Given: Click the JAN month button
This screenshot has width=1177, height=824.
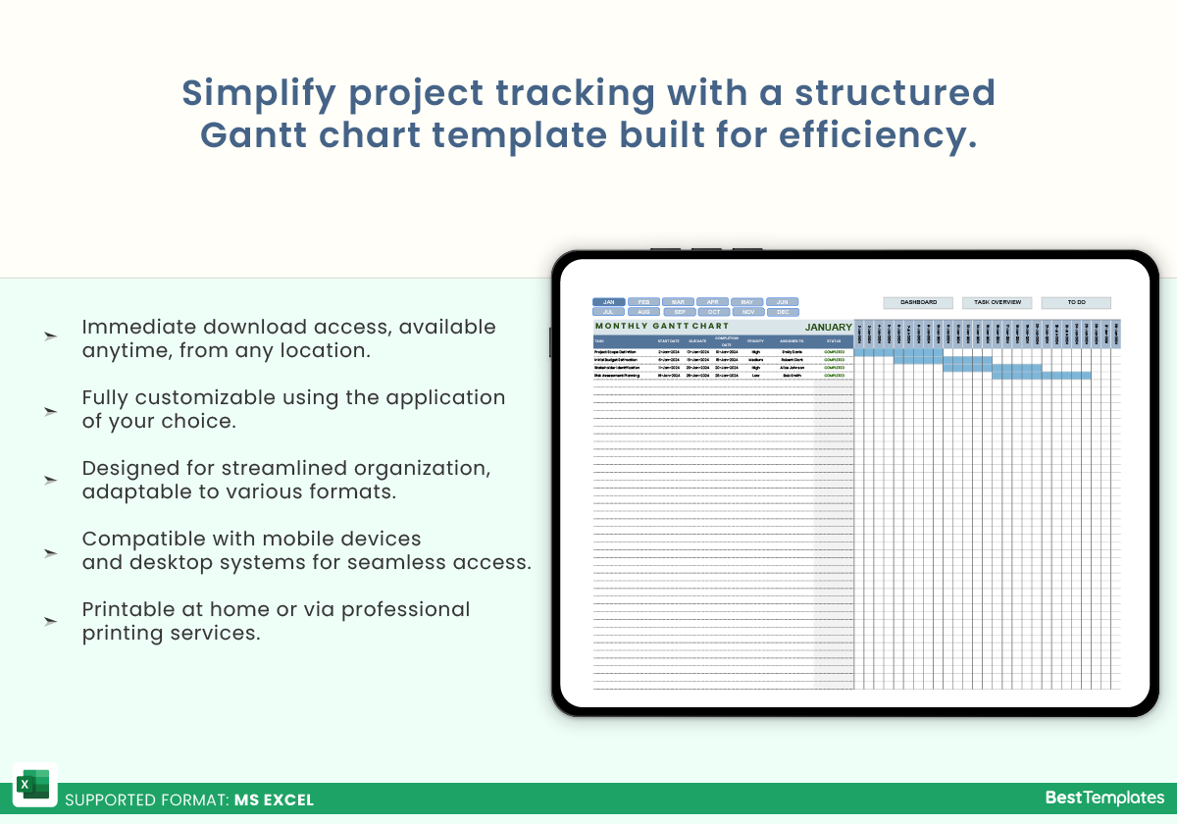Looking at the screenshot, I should (x=608, y=302).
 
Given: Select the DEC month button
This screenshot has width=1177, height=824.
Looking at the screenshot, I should (x=782, y=312).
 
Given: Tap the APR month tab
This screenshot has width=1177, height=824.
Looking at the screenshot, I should (x=712, y=302).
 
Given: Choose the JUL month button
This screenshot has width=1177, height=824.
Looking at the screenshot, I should (x=608, y=312).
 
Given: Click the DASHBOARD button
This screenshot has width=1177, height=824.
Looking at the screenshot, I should (x=918, y=303).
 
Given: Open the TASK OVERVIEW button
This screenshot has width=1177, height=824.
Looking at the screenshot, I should (x=997, y=303).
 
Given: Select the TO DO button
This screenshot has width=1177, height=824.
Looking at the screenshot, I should (x=1076, y=303).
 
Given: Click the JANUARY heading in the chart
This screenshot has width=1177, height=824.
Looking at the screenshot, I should (x=828, y=328).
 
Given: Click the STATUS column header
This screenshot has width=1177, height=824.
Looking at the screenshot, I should (x=833, y=341).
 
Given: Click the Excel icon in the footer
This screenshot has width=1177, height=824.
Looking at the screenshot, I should (x=34, y=785).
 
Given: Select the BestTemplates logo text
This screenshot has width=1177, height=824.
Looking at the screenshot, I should (x=1104, y=798).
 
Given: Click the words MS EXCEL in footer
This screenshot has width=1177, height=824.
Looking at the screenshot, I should (x=274, y=800).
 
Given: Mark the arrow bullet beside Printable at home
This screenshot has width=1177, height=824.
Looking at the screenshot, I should (x=50, y=622).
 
